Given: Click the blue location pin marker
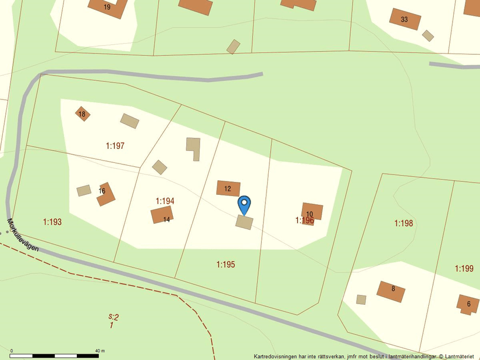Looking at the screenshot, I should tap(244, 204).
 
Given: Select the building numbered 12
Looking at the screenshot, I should tap(228, 188).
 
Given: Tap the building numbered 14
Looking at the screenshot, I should tap(162, 215).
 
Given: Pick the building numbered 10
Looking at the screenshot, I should tap(311, 212).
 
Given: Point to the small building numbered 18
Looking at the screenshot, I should tap(82, 113).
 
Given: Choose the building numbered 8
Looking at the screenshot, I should tap(391, 291).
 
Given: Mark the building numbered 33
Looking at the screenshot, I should tap(405, 19).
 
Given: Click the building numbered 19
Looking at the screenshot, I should tap(108, 7).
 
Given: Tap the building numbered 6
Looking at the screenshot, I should tap(468, 304).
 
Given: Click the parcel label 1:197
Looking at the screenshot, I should tap(115, 146).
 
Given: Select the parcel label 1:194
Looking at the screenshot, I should tap(165, 201).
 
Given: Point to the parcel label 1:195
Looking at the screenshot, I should tap(226, 265).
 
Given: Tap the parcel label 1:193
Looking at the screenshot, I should tap(52, 222).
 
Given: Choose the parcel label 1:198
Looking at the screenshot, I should tap(403, 223).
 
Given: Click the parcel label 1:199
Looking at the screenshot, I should tap(464, 268).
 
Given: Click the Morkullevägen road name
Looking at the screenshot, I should tap(23, 235).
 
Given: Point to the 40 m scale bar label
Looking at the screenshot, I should tap(99, 351).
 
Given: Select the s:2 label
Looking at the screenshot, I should tap(113, 317).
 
